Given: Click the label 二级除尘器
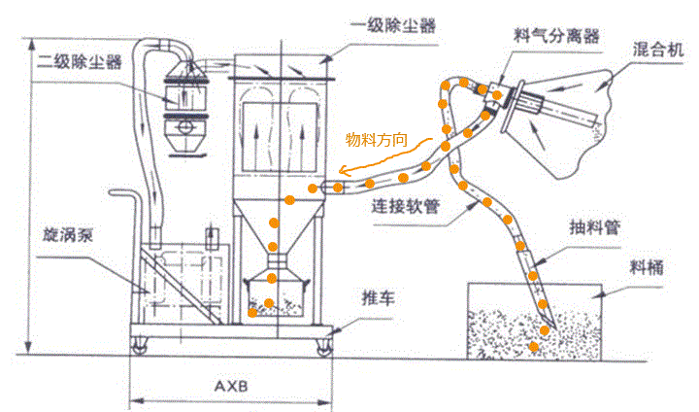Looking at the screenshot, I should [x=80, y=62].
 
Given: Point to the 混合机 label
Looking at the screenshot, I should [x=657, y=48].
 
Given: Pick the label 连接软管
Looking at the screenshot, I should [x=407, y=207].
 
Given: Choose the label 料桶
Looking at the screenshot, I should [x=646, y=265].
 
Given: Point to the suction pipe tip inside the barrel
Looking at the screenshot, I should [x=545, y=330].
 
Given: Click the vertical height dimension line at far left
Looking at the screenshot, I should [x=30, y=194].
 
